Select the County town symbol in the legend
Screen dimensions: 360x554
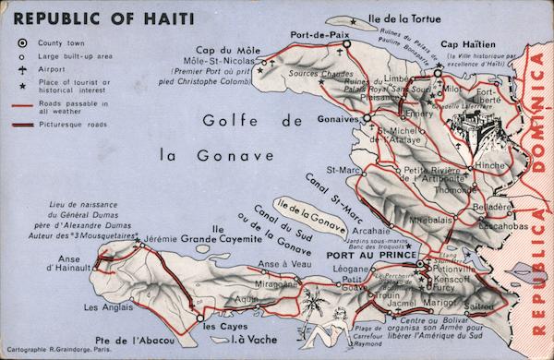coord(19,42)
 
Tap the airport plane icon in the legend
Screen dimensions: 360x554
coord(19,68)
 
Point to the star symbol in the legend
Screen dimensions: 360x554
coord(19,85)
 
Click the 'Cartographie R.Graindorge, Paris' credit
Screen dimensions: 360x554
coord(57,352)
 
